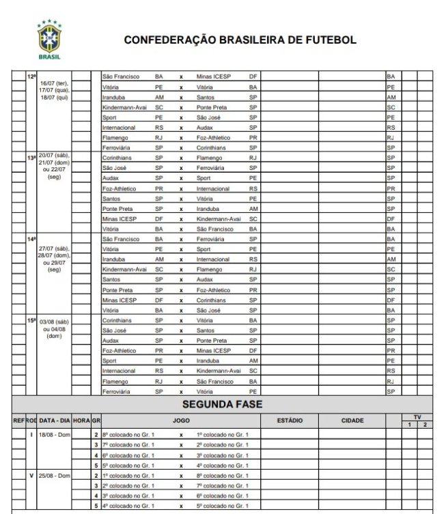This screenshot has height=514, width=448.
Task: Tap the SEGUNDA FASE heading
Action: pyautogui.click(x=222, y=405)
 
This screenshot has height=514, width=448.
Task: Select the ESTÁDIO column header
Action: pyautogui.click(x=290, y=420)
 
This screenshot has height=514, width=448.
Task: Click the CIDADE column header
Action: pyautogui.click(x=352, y=420)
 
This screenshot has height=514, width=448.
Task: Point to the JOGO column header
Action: pyautogui.click(x=182, y=420)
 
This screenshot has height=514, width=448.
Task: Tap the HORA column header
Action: pyautogui.click(x=81, y=420)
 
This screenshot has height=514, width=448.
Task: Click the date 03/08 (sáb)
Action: pyautogui.click(x=55, y=320)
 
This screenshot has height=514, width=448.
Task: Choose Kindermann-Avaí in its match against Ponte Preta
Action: pyautogui.click(x=125, y=107)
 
